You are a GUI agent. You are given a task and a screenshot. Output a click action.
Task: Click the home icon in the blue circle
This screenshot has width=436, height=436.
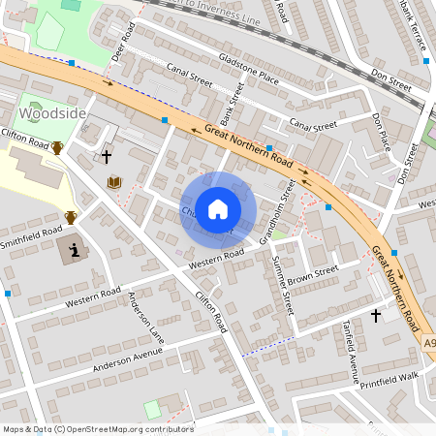tap(218, 208)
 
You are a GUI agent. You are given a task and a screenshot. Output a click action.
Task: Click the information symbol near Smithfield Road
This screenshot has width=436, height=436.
tap(75, 251)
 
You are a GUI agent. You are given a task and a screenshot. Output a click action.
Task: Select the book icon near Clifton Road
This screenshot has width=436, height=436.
tap(114, 182)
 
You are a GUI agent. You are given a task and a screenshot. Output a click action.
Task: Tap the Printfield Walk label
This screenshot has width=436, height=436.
tap(394, 376)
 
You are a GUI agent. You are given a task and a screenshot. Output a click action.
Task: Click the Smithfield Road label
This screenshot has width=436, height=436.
tap(33, 237)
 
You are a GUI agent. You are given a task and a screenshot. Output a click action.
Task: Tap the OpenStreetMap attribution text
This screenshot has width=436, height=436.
tap(97, 428)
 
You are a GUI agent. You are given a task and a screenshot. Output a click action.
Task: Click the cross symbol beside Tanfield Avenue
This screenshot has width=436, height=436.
tap(376, 315)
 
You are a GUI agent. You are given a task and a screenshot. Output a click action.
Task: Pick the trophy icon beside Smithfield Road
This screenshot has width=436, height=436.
tap(70, 217)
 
